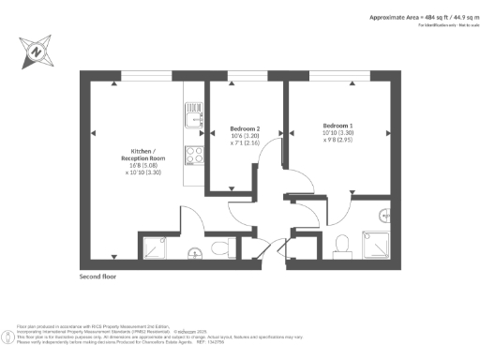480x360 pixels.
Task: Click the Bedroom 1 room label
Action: click(x=337, y=126)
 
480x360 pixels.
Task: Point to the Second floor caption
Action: click(x=99, y=278)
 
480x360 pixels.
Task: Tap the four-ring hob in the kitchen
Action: click(x=195, y=156)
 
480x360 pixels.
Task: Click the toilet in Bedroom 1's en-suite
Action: click(x=342, y=245)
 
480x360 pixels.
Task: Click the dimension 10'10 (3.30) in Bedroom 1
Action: click(x=337, y=134)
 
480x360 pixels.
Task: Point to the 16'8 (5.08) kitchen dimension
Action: click(x=144, y=165)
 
